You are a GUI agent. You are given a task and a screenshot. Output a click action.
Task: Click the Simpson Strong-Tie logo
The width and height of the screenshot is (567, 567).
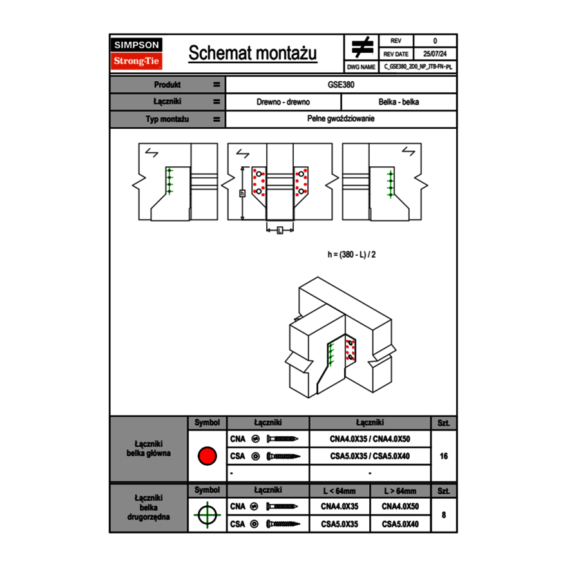137,53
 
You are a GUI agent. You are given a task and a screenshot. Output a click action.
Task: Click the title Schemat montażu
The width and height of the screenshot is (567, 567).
253,53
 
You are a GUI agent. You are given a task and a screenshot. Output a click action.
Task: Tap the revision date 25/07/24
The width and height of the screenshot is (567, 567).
435,54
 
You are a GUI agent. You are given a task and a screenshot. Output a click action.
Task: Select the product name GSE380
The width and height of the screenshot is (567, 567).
341,84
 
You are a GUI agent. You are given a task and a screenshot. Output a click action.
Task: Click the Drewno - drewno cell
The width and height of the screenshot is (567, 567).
283,102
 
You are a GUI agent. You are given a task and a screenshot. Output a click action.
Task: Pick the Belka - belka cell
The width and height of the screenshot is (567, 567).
399,102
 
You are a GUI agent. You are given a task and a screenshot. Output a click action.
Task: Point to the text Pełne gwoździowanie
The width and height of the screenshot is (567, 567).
341,119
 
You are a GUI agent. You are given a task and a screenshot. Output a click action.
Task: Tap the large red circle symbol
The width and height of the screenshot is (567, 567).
207,456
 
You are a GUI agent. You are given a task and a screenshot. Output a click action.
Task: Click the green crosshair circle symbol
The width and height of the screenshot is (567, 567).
207,515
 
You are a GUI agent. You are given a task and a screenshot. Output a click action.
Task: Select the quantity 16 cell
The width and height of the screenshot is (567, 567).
443,456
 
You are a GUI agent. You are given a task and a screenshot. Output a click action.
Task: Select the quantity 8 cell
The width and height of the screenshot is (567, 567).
443,515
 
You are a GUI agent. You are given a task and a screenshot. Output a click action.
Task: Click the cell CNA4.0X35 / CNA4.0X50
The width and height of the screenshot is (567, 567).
370,439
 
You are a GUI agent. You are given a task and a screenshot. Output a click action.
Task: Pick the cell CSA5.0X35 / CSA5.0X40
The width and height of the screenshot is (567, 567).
370,456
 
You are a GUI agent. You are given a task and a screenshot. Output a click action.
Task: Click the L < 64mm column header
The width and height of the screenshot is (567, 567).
339,491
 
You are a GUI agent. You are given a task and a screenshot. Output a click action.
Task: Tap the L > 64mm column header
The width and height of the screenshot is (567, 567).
400,491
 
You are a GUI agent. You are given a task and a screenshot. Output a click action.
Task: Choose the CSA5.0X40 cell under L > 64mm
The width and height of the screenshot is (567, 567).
400,524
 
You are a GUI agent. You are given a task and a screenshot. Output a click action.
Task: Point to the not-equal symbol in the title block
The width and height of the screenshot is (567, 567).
361,47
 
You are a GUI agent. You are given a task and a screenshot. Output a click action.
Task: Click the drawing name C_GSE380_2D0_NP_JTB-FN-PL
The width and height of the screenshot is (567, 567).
418,66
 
